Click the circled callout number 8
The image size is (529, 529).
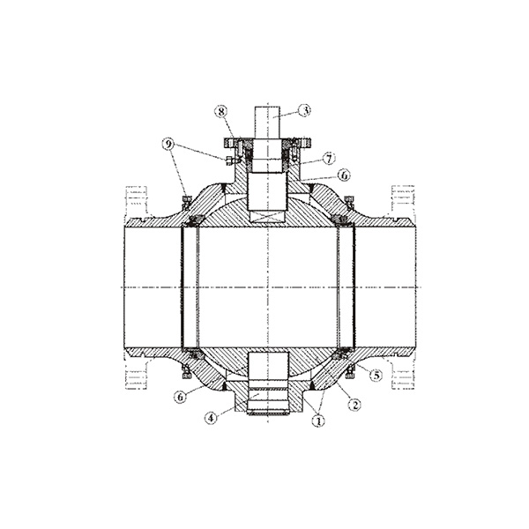click(221, 112)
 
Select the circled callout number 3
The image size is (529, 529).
click(305, 110)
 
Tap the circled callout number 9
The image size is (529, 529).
click(168, 145)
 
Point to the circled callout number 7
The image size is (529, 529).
click(329, 158)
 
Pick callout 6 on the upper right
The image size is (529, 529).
click(344, 175)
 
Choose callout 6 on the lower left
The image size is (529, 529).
click(181, 397)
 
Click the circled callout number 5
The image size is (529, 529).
click(376, 375)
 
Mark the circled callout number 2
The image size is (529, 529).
click(354, 405)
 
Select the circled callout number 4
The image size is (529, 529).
click(211, 418)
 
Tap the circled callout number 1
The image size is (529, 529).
click(318, 421)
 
